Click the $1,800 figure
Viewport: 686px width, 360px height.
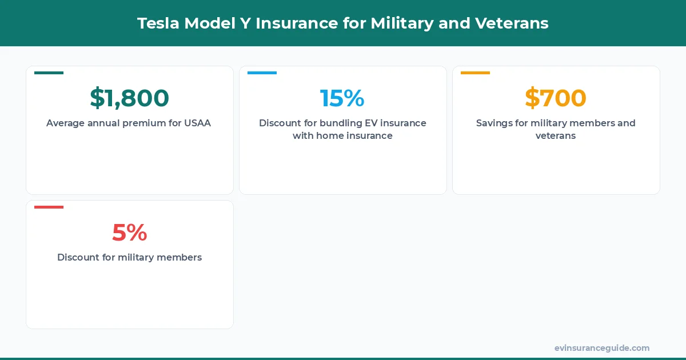pyautogui.click(x=129, y=98)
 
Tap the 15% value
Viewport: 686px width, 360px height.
pyautogui.click(x=342, y=98)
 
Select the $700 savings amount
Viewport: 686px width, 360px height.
pyautogui.click(x=555, y=98)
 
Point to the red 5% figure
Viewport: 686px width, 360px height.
pyautogui.click(x=129, y=232)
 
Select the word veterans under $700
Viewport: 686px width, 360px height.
pyautogui.click(x=555, y=136)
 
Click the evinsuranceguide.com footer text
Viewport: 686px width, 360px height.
pyautogui.click(x=601, y=348)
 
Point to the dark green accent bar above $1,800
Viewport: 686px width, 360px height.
pyautogui.click(x=49, y=73)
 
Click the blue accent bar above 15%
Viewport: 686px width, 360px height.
pyautogui.click(x=262, y=73)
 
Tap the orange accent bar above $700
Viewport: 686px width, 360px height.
pyautogui.click(x=475, y=73)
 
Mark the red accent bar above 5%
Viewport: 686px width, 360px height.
pyautogui.click(x=49, y=207)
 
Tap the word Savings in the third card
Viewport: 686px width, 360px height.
pyautogui.click(x=494, y=123)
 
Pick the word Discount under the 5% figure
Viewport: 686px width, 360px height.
pyautogui.click(x=78, y=257)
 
